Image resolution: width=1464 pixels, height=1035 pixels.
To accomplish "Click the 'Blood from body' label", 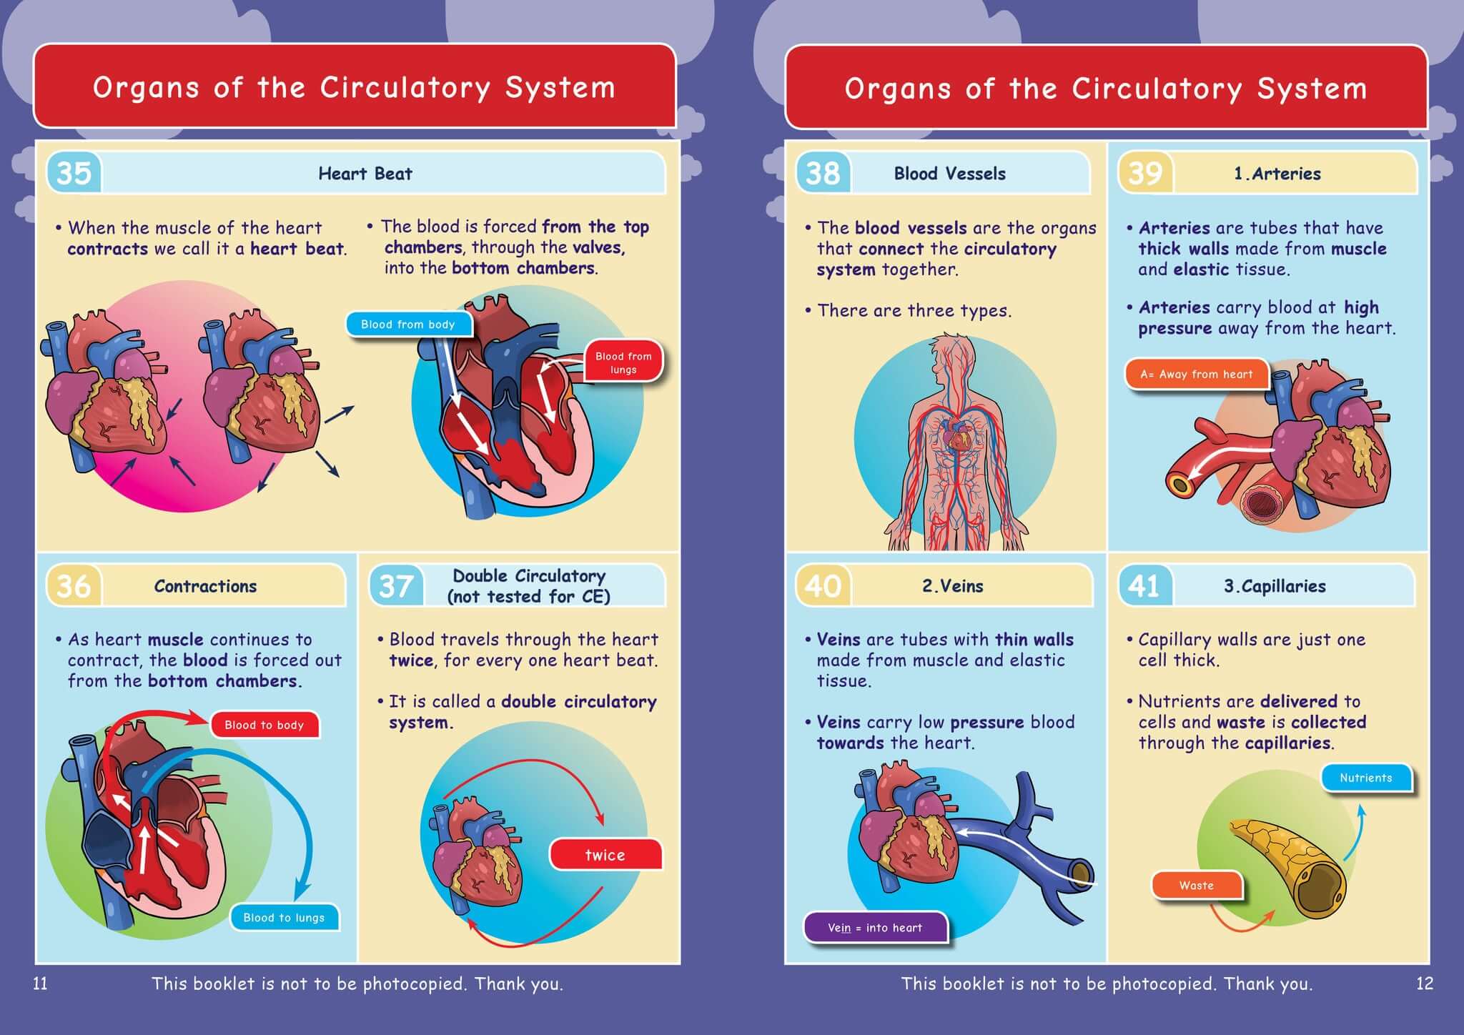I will (x=408, y=325).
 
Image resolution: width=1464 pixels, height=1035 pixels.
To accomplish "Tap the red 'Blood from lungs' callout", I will (x=623, y=362).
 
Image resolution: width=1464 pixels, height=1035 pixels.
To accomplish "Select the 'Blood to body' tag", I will (x=264, y=725).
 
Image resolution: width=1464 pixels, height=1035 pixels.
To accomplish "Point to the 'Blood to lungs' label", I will (x=284, y=918).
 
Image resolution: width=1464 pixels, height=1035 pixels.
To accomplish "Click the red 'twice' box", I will (x=605, y=855).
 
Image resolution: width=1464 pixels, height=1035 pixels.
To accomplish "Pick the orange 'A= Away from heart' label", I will (x=1196, y=374).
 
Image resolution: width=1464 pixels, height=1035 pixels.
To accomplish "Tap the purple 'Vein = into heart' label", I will (x=875, y=928).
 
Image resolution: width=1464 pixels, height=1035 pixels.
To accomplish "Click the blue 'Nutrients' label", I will (x=1365, y=778).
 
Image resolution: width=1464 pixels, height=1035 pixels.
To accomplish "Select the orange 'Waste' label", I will (x=1196, y=886).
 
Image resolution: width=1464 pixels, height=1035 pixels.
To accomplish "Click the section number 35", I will (x=74, y=173).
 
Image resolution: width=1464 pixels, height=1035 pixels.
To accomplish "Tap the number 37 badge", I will (x=395, y=586).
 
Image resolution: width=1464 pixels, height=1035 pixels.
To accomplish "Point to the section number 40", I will (x=823, y=586).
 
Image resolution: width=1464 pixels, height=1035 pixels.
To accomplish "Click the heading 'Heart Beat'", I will (x=365, y=174).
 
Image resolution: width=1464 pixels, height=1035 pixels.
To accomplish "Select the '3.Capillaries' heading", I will (x=1275, y=586).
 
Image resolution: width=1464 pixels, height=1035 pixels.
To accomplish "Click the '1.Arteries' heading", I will (x=1277, y=174).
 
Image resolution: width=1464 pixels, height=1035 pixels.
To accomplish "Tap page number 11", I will (x=41, y=984).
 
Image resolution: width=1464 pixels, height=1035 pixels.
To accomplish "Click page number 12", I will (x=1424, y=984).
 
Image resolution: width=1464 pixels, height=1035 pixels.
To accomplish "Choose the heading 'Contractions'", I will (x=205, y=586).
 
